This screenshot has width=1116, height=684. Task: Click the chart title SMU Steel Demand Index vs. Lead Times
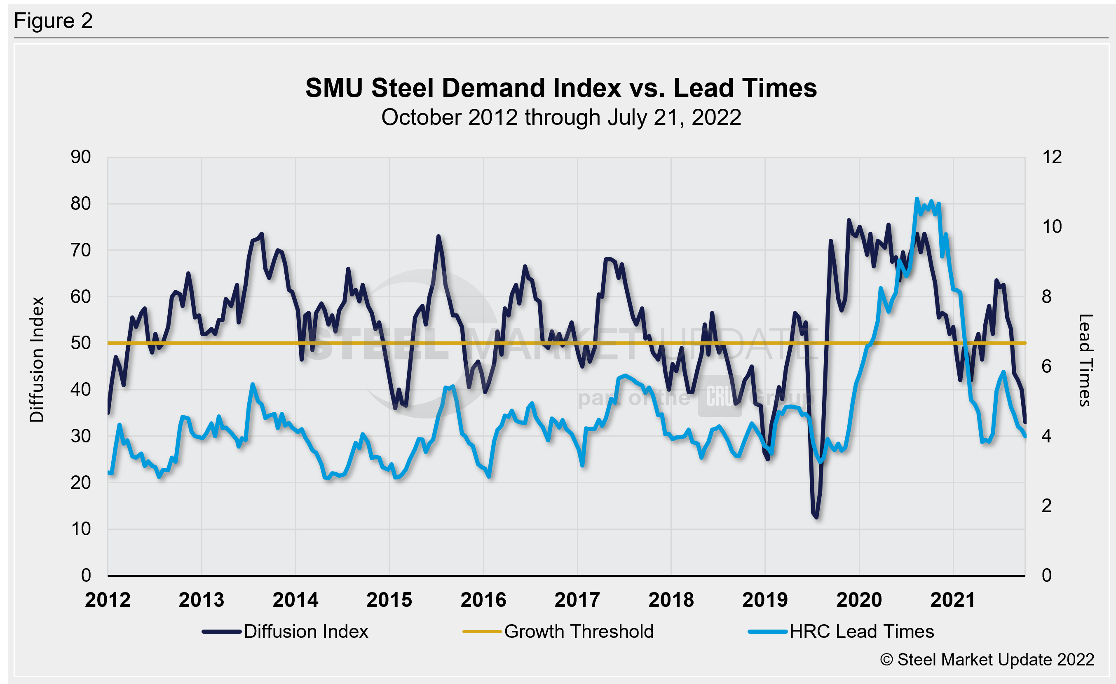[x=561, y=88]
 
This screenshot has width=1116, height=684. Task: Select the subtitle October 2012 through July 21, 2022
[x=561, y=118]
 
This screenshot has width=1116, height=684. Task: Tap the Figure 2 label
[x=54, y=21]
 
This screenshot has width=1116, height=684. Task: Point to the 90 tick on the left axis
[x=81, y=157]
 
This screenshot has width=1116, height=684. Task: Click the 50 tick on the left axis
[x=81, y=343]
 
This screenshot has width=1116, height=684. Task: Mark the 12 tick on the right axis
[x=1052, y=157]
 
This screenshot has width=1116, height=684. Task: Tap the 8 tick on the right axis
[x=1046, y=297]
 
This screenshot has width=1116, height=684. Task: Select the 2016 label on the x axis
[x=483, y=600]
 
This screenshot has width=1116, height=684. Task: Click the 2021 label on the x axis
[x=952, y=600]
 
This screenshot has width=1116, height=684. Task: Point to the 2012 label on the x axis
[x=108, y=600]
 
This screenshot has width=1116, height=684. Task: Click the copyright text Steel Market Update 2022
[x=987, y=660]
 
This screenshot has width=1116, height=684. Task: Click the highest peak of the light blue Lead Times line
[x=917, y=199]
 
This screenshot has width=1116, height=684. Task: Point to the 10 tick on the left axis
[x=81, y=529]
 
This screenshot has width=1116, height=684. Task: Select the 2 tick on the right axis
[x=1046, y=505]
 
